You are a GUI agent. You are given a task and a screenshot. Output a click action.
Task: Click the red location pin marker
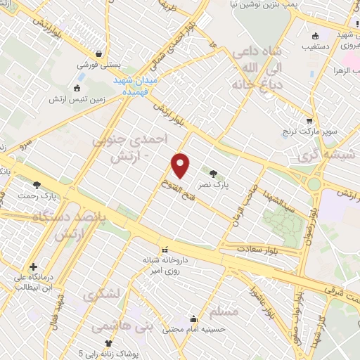[x=181, y=165]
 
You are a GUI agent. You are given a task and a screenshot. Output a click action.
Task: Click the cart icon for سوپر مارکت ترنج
[x=309, y=120]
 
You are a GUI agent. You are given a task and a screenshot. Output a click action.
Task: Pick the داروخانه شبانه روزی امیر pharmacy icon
[x=165, y=250]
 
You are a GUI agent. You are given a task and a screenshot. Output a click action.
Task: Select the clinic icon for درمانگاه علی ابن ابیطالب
[x=33, y=268]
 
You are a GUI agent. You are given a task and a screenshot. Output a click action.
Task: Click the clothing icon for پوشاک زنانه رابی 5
[x=108, y=342]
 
